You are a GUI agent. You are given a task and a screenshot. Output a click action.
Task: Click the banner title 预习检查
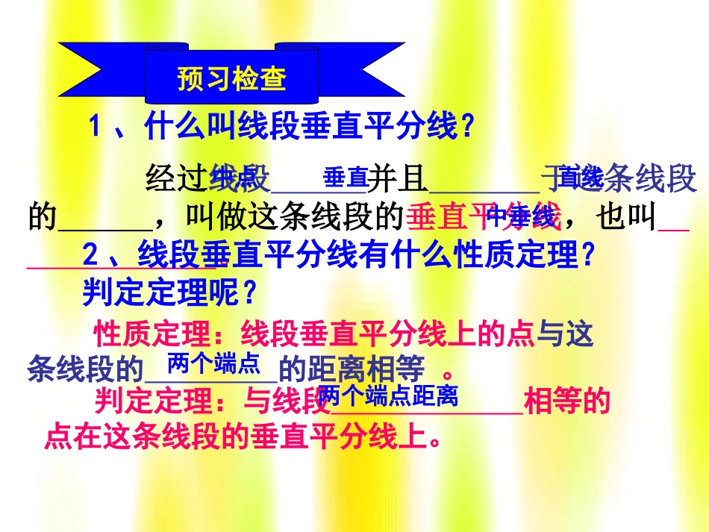click(x=231, y=79)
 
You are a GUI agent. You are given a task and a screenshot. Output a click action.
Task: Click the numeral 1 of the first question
click(x=95, y=126)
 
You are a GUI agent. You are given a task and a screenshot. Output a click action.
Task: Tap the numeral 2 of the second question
click(x=90, y=256)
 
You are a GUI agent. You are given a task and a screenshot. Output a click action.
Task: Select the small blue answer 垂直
click(x=345, y=178)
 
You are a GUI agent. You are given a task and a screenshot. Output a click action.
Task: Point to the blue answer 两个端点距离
click(x=387, y=395)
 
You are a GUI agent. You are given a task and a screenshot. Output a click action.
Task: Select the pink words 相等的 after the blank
click(x=567, y=402)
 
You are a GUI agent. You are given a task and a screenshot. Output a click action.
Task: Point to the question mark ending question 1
click(x=467, y=126)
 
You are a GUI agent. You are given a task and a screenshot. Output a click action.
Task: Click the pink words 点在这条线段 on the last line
click(x=134, y=436)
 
